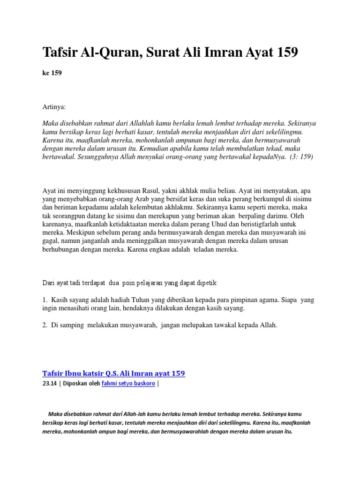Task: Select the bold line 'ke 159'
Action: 52,73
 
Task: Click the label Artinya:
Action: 54,107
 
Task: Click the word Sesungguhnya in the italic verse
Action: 103,157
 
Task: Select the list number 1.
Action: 45,300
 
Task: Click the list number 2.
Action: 45,324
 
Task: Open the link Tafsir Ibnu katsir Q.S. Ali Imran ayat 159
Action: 114,374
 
